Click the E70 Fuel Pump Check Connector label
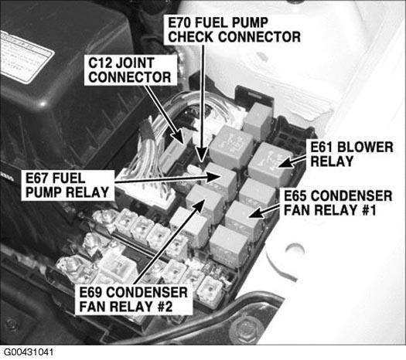pyautogui.click(x=234, y=29)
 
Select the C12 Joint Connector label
pyautogui.click(x=131, y=70)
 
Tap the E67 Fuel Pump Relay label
pyautogui.click(x=67, y=185)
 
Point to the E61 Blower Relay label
pyautogui.click(x=352, y=155)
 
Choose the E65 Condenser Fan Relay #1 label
pyautogui.click(x=338, y=203)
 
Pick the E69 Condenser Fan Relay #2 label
pyautogui.click(x=134, y=300)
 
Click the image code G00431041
pyautogui.click(x=29, y=352)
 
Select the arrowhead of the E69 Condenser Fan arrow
pyautogui.click(x=200, y=205)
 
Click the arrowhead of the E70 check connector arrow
pyautogui.click(x=202, y=155)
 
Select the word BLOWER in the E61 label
pyautogui.click(x=366, y=148)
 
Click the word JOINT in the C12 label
pyautogui.click(x=135, y=63)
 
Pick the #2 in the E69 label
pyautogui.click(x=165, y=307)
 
